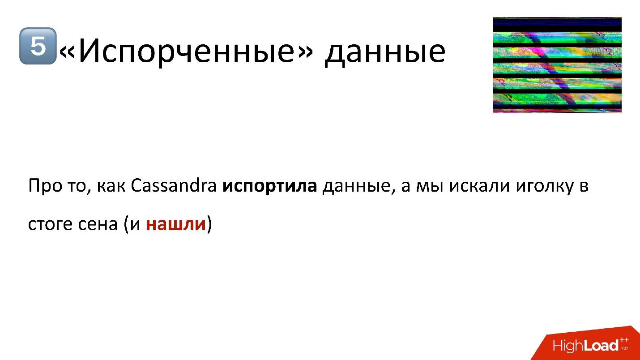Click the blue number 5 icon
38,46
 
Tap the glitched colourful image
557,65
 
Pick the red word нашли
175,224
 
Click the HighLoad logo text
585,346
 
